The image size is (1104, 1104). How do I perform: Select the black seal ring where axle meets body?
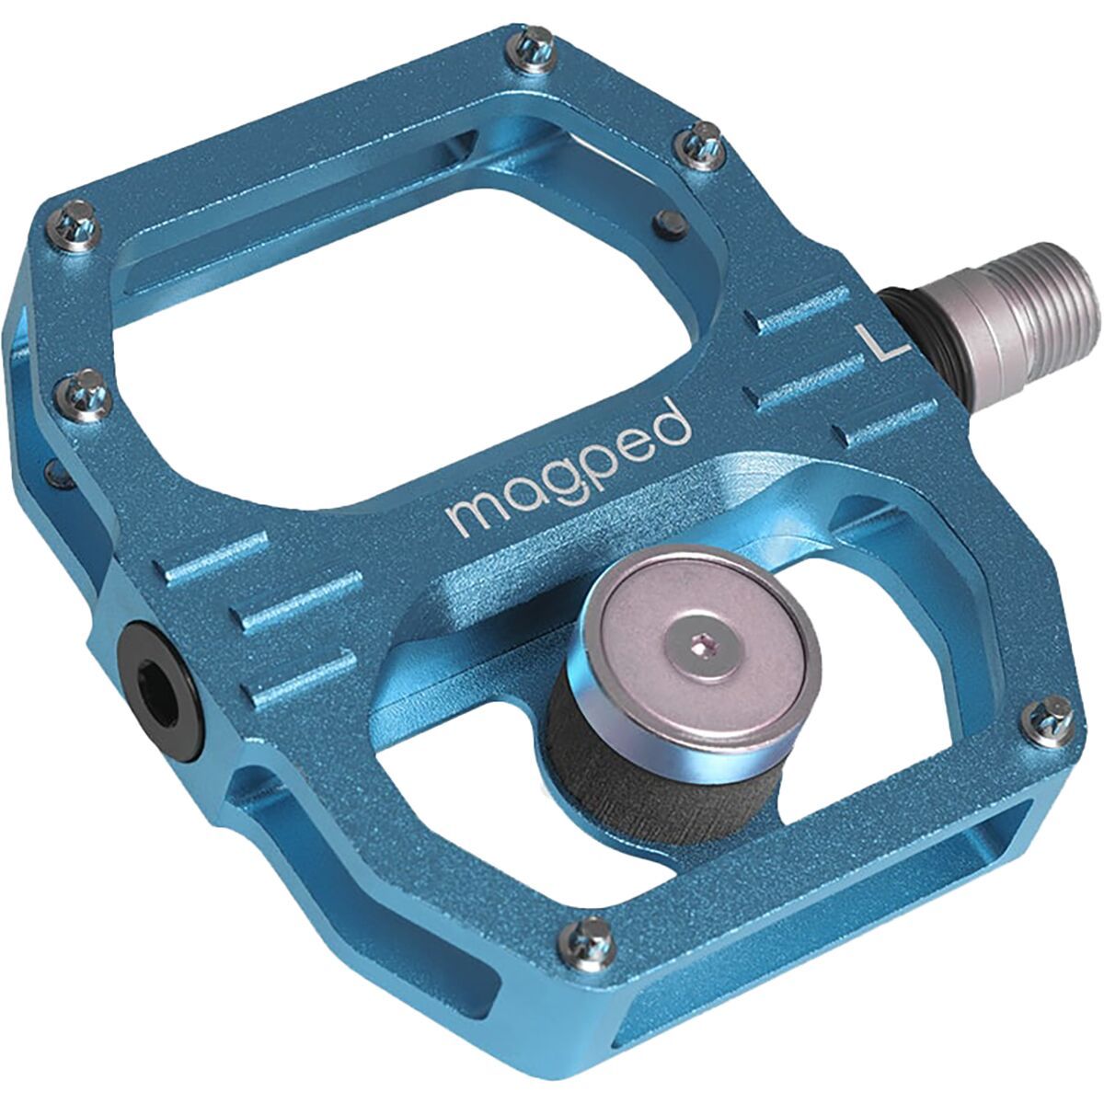(x=905, y=317)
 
